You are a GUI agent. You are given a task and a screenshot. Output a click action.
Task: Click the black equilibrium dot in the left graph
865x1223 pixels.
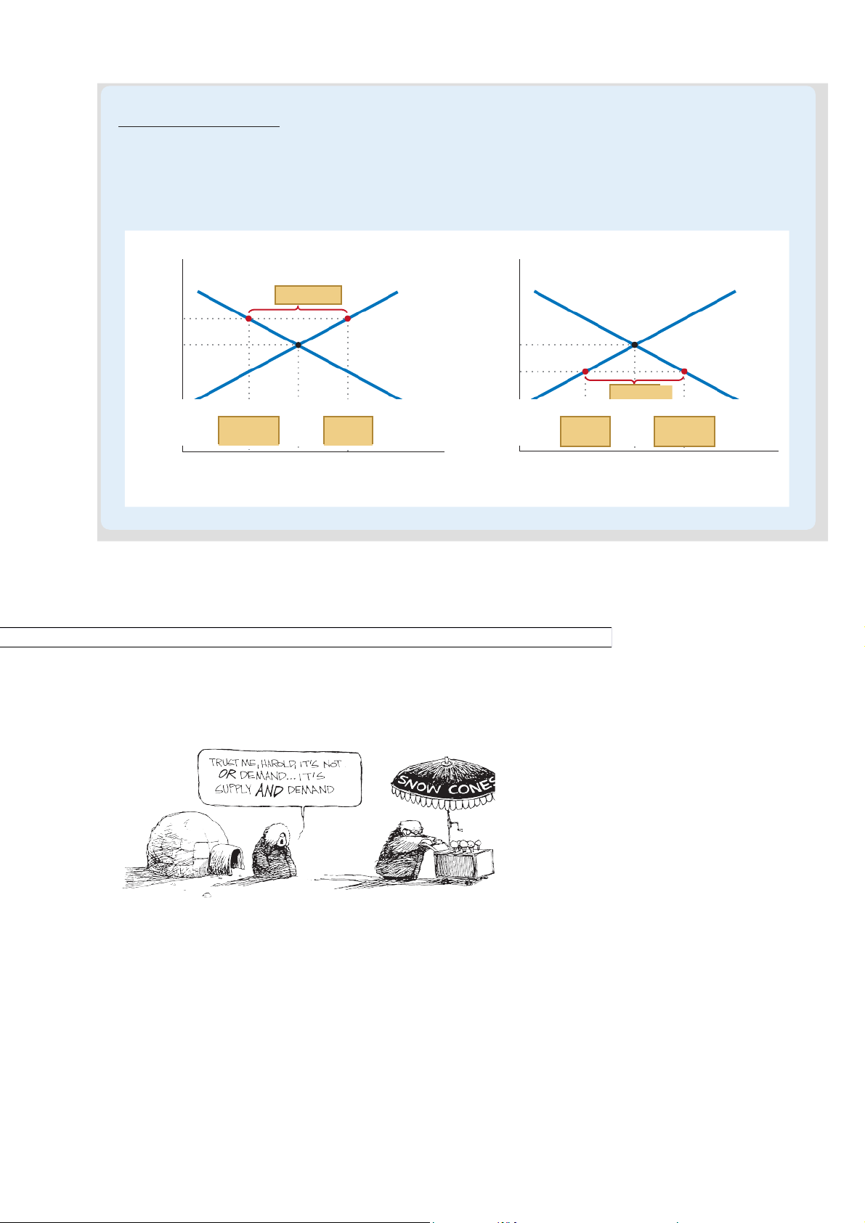299,345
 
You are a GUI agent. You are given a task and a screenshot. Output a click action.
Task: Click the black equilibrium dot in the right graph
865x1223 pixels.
635,345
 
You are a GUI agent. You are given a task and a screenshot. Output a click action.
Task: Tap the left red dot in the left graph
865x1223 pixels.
248,319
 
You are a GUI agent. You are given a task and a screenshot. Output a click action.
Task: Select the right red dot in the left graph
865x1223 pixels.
348,319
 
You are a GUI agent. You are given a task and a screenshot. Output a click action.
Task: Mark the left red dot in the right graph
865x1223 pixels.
585,372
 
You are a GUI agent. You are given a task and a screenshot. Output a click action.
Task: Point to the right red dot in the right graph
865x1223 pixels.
684,372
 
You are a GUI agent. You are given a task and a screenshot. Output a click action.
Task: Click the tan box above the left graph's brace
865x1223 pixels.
308,295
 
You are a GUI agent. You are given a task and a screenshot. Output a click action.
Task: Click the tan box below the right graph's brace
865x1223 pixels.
641,392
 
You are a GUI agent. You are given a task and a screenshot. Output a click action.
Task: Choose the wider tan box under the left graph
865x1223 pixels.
248,431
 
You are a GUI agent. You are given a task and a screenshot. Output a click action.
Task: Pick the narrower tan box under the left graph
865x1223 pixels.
348,431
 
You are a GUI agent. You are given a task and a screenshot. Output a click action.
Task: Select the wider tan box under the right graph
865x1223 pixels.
684,431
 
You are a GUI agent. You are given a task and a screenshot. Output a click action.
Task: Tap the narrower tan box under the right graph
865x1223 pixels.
585,431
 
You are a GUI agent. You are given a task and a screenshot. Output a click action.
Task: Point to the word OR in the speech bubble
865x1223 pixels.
227,774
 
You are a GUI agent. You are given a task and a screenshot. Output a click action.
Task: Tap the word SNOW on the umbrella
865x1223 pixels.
419,784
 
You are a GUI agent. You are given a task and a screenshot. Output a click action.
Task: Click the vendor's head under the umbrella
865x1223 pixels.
410,828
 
